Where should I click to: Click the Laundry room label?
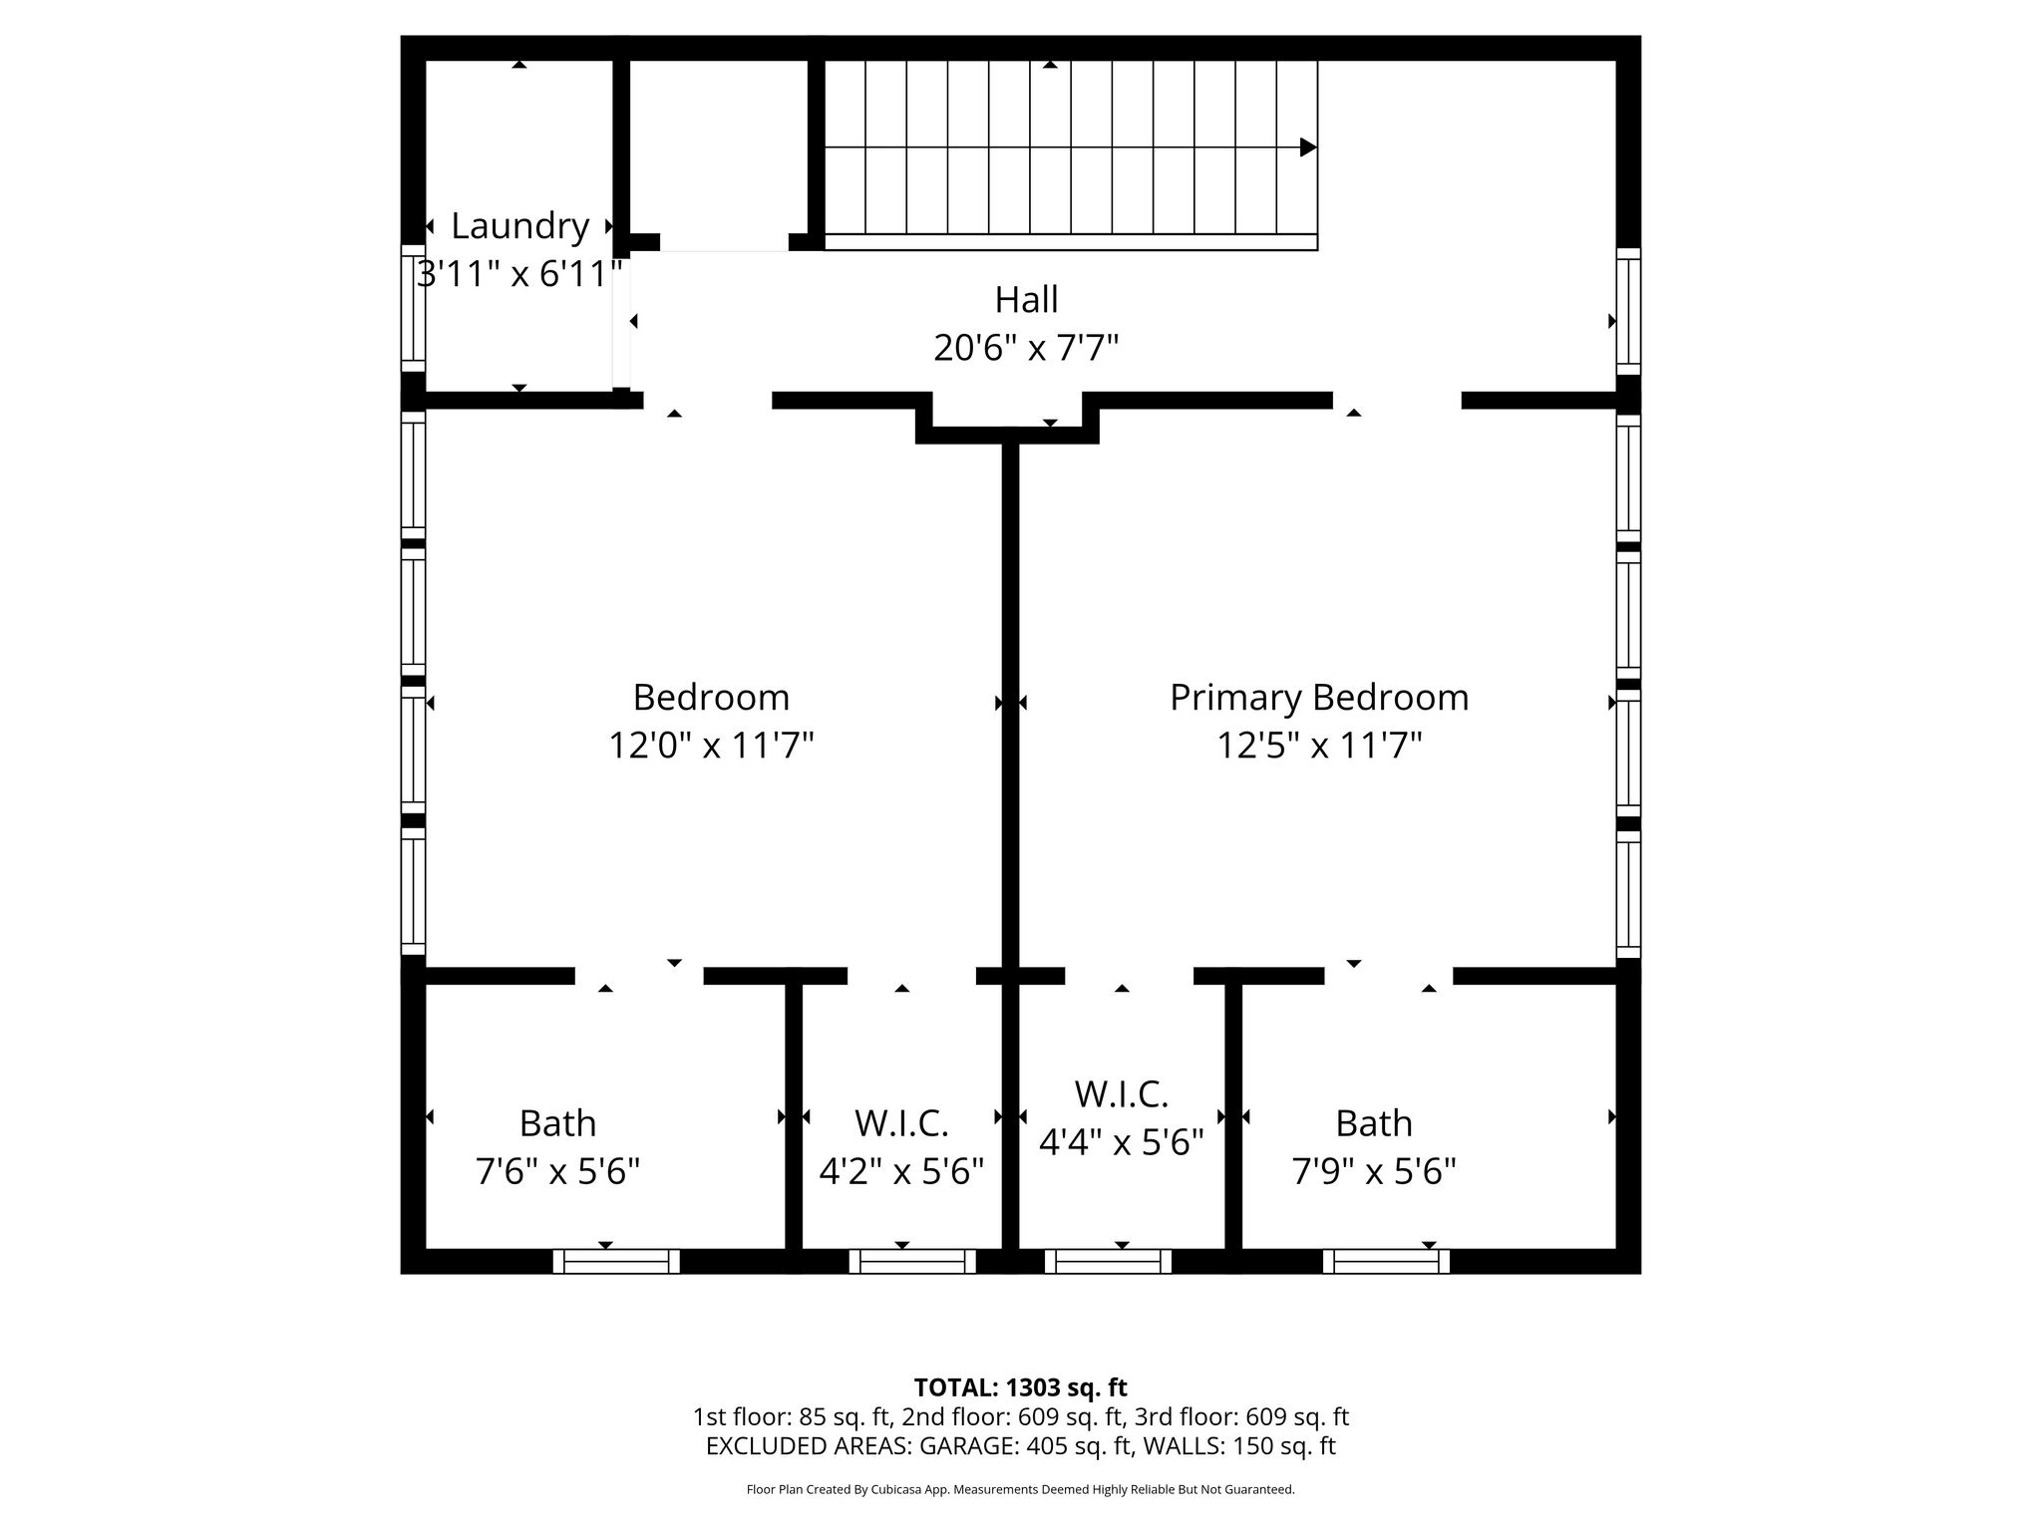point(519,227)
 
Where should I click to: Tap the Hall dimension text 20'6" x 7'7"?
point(1026,348)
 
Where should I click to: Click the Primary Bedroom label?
point(1319,698)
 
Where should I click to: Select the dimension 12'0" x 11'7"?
point(711,745)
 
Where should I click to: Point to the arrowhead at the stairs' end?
point(1309,148)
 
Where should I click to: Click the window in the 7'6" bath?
point(616,1261)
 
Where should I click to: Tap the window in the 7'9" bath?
point(1386,1261)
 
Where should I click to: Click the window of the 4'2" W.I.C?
point(912,1261)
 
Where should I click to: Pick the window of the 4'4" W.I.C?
point(1108,1261)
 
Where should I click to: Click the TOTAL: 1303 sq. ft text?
point(1020,1387)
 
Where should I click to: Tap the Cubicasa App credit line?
point(1020,1490)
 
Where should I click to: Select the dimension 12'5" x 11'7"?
point(1319,745)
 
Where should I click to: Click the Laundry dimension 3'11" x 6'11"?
point(519,273)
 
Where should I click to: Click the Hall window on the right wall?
point(1628,311)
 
